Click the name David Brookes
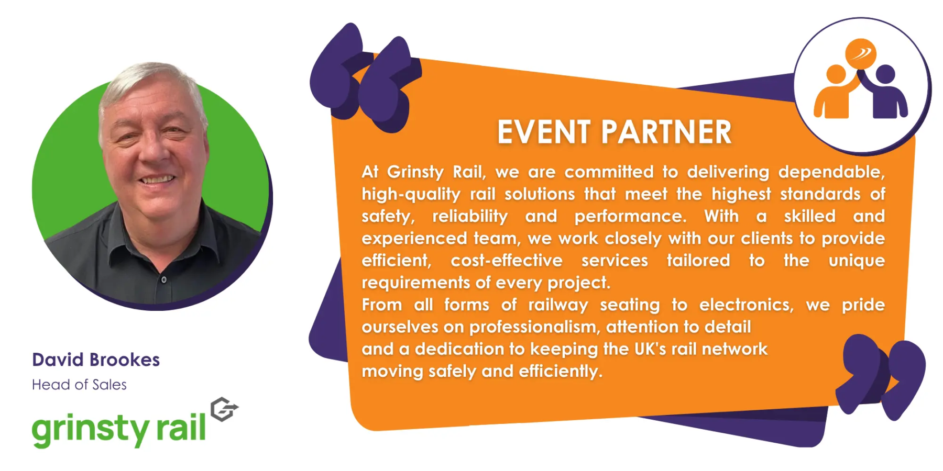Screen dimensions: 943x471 [96, 360]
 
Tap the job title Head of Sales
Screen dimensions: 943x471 [79, 385]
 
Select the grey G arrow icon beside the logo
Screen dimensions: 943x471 [224, 409]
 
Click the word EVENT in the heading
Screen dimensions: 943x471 [544, 132]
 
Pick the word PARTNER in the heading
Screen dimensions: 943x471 [666, 132]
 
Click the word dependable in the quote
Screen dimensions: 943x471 [831, 172]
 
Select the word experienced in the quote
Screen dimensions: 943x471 [414, 239]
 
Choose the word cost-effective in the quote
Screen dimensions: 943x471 [507, 261]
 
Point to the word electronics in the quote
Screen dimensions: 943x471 [746, 305]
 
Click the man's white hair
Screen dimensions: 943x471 [152, 84]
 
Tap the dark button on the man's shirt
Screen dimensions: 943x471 [164, 280]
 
